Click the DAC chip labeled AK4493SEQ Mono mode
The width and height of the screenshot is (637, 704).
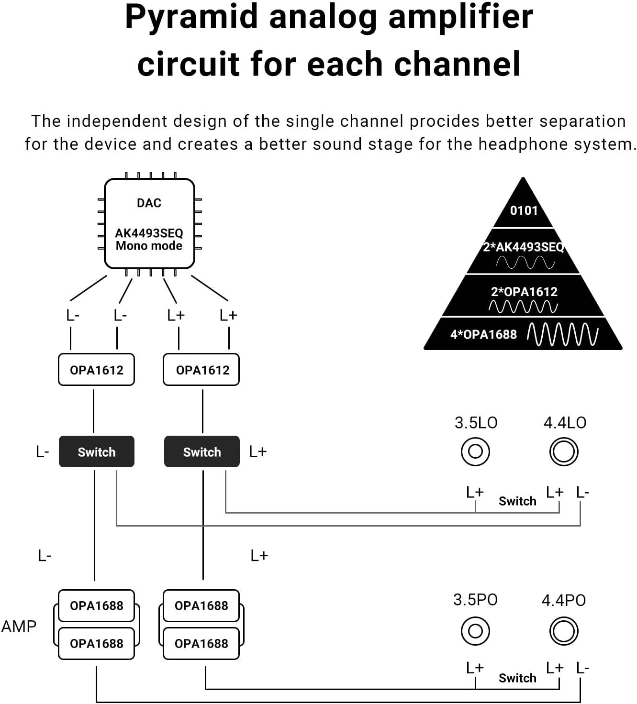pos(149,223)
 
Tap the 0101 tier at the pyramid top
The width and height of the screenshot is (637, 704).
pos(524,210)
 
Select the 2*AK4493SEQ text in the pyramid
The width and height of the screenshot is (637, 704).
pos(524,247)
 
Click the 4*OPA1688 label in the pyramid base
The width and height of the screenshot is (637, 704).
pos(483,334)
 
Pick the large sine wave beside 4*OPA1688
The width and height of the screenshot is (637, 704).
pos(562,334)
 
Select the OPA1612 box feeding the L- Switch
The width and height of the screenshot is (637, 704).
pos(96,370)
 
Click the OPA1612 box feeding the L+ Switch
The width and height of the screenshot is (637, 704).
pos(201,370)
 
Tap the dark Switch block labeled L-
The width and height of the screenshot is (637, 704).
pos(97,451)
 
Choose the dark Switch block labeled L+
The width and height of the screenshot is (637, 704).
pos(202,451)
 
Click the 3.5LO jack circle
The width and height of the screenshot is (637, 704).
pos(475,451)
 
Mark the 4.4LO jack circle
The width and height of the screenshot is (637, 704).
pos(564,451)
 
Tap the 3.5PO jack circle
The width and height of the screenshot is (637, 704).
pos(475,631)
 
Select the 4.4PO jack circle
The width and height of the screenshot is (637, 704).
pos(564,631)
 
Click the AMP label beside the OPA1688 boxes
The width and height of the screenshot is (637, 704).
pos(19,627)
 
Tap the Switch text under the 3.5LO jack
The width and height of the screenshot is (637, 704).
pos(517,501)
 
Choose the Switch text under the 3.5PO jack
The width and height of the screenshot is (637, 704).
pos(517,678)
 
